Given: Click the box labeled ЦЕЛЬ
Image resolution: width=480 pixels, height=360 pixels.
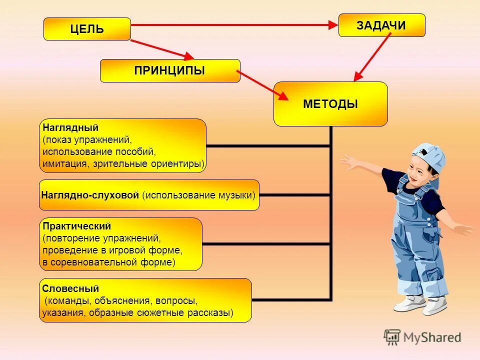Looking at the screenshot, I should [87, 29].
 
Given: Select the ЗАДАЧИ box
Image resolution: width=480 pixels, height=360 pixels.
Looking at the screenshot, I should [381, 25].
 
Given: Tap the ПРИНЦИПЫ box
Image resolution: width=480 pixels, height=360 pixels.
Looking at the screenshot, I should [170, 70].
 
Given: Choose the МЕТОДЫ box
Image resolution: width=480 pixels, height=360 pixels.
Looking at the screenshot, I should [330, 104].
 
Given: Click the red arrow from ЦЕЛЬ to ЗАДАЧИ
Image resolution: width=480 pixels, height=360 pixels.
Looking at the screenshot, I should [235, 24].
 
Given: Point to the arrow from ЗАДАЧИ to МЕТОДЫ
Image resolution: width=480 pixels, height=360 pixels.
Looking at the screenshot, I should [372, 56].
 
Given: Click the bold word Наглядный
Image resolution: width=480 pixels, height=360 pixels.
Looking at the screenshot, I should [63, 128].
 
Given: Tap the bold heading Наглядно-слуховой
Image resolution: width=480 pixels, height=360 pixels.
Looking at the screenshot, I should [90, 195].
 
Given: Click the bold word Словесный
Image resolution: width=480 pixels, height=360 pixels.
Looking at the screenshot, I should [63, 288].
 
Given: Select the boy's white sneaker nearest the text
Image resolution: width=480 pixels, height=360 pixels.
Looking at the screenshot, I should [407, 302].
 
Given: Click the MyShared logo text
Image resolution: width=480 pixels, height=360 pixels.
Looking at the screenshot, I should [432, 337].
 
